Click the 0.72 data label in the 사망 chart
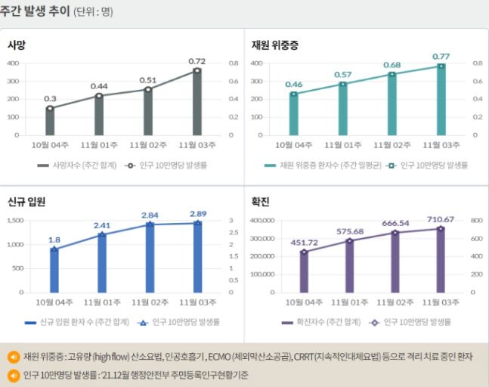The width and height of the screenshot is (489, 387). (x=197, y=61)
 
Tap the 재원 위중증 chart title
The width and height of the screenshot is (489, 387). (x=275, y=45)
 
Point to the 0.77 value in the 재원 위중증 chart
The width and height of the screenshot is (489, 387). (x=441, y=56)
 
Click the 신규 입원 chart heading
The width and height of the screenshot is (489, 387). (x=28, y=203)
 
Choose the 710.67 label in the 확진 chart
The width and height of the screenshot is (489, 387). (x=440, y=218)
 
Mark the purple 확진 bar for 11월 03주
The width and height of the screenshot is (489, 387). (x=441, y=260)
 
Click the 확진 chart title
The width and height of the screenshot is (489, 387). (x=261, y=203)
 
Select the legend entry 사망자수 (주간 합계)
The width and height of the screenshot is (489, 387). (x=79, y=164)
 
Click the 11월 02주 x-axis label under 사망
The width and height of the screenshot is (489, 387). (x=148, y=144)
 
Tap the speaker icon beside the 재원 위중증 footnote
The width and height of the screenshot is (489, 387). (x=14, y=358)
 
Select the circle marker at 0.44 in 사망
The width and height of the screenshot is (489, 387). (x=99, y=96)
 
